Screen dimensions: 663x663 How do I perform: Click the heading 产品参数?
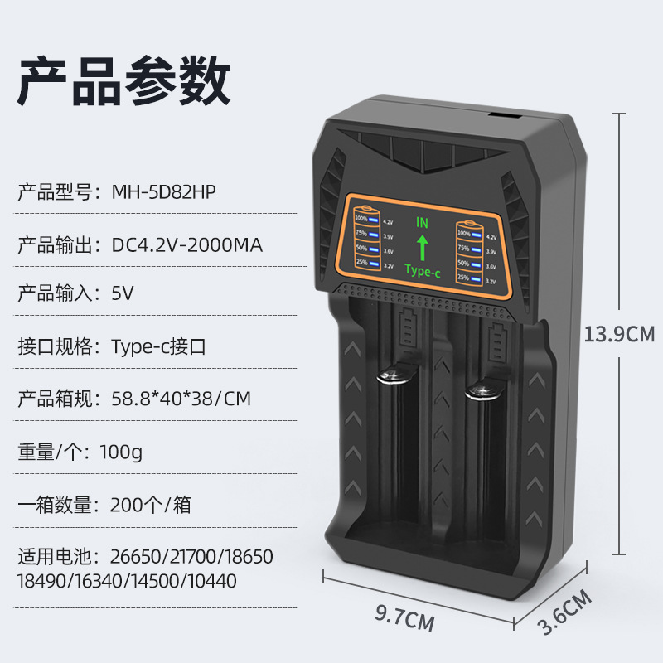(x=124, y=80)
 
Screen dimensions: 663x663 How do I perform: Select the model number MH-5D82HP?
(x=168, y=192)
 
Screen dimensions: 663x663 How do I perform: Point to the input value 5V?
(x=123, y=293)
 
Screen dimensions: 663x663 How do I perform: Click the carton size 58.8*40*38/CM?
(x=181, y=399)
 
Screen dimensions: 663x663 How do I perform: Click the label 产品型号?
(x=56, y=192)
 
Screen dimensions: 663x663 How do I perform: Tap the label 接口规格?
(x=56, y=346)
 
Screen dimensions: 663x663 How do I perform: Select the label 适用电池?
(x=56, y=555)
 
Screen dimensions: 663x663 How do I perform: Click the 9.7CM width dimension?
(x=405, y=615)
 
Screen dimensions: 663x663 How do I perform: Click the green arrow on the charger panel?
(x=422, y=246)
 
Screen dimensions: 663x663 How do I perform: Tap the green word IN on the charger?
(x=422, y=223)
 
